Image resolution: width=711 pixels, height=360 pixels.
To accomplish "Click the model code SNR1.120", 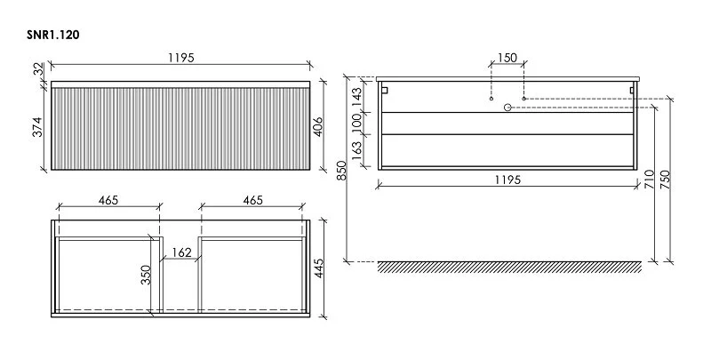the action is pos(53,35).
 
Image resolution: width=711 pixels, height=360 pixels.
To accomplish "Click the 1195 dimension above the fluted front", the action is pos(181,58).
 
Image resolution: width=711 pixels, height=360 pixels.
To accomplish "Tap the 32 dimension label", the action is pos(39,69).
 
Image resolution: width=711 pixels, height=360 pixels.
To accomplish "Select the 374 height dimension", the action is pos(37,126).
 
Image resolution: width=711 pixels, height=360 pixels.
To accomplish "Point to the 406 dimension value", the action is pos(318,126).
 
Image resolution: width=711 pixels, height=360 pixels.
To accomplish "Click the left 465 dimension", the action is pos(108,200).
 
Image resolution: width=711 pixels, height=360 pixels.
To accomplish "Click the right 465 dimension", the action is pos(252,200).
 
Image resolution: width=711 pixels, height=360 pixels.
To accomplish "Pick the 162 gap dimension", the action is pos(182,252).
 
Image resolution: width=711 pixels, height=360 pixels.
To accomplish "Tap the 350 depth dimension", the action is pos(146,275).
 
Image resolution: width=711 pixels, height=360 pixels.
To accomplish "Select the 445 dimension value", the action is pos(319,268).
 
